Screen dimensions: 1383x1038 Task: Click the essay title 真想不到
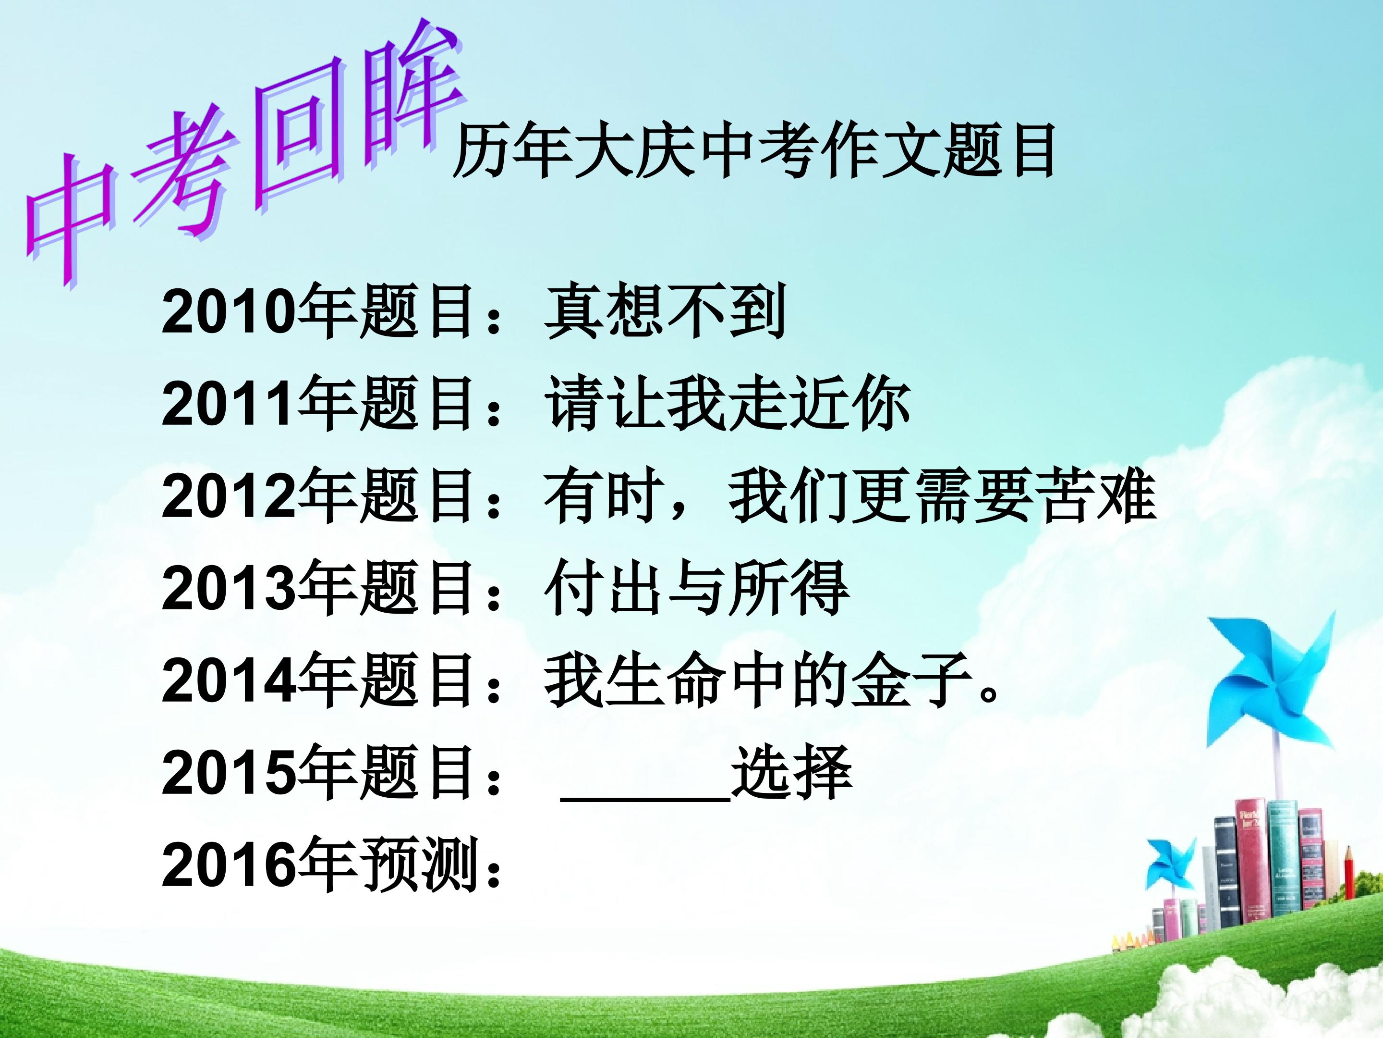tap(665, 311)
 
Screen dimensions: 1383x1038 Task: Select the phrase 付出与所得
tap(696, 588)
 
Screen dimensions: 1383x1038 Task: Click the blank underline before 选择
tap(645, 799)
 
